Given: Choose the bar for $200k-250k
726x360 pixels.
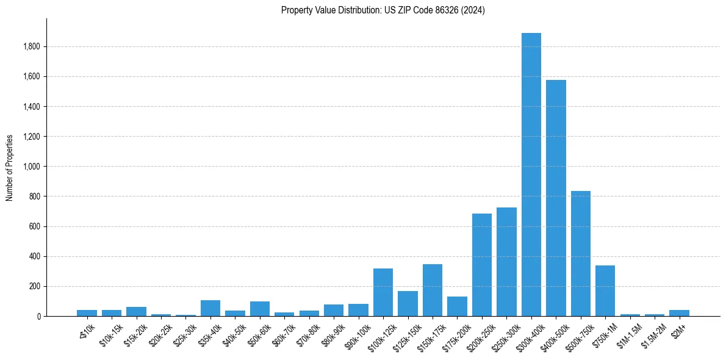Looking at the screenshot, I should [482, 265].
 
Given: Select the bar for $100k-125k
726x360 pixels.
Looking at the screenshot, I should [383, 292].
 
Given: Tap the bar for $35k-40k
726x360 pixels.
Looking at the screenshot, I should [210, 308].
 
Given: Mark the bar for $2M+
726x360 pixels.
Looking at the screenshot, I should [679, 313].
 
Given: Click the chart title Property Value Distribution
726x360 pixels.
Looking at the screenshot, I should [383, 10].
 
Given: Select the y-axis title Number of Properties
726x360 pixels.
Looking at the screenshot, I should [10, 168].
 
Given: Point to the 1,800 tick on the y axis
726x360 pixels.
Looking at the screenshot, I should [32, 47].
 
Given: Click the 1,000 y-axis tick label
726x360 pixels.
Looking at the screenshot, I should [32, 167].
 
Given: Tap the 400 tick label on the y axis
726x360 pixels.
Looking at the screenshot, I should [34, 256].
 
